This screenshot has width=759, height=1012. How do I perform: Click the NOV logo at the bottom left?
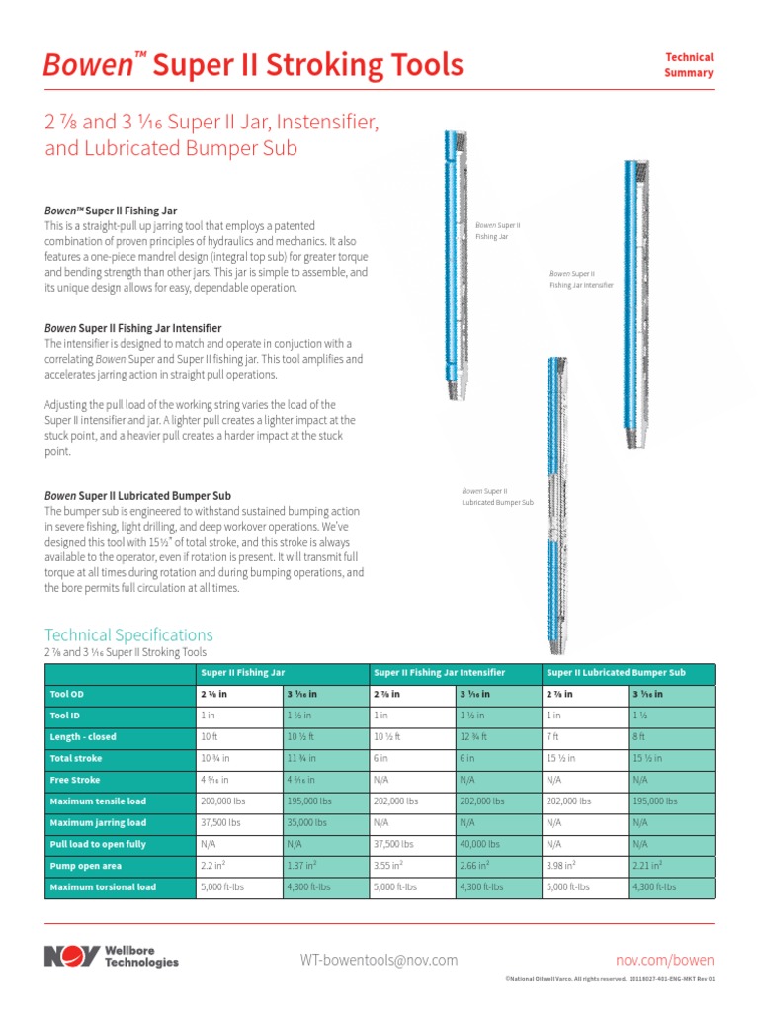tap(71, 957)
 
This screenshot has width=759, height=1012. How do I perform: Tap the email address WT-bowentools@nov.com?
tap(379, 960)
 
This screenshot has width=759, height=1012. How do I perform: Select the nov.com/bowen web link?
tap(664, 960)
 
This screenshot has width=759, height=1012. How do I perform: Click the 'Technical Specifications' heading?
tap(128, 634)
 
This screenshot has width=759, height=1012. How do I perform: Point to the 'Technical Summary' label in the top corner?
tap(689, 65)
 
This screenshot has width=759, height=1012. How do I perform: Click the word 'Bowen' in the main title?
tap(87, 65)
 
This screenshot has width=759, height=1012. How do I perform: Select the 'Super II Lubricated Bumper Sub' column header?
tap(616, 672)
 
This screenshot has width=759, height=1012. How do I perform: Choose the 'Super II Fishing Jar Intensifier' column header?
tap(440, 672)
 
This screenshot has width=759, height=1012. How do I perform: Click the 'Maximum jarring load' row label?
tap(98, 822)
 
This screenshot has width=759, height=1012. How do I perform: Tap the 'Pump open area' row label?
tap(86, 866)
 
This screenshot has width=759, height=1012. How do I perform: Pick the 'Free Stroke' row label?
tap(75, 780)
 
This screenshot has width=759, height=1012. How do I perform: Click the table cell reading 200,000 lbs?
tap(223, 801)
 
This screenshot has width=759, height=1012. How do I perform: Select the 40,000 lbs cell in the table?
tap(481, 844)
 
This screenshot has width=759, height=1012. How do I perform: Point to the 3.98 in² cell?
tap(560, 866)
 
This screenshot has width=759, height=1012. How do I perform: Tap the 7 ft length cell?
tap(552, 736)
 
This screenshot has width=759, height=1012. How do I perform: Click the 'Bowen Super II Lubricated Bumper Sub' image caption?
tap(497, 496)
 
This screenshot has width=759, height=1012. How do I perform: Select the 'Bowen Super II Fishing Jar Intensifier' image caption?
tap(581, 278)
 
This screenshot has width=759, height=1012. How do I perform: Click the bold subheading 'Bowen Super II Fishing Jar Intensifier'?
tap(132, 327)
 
